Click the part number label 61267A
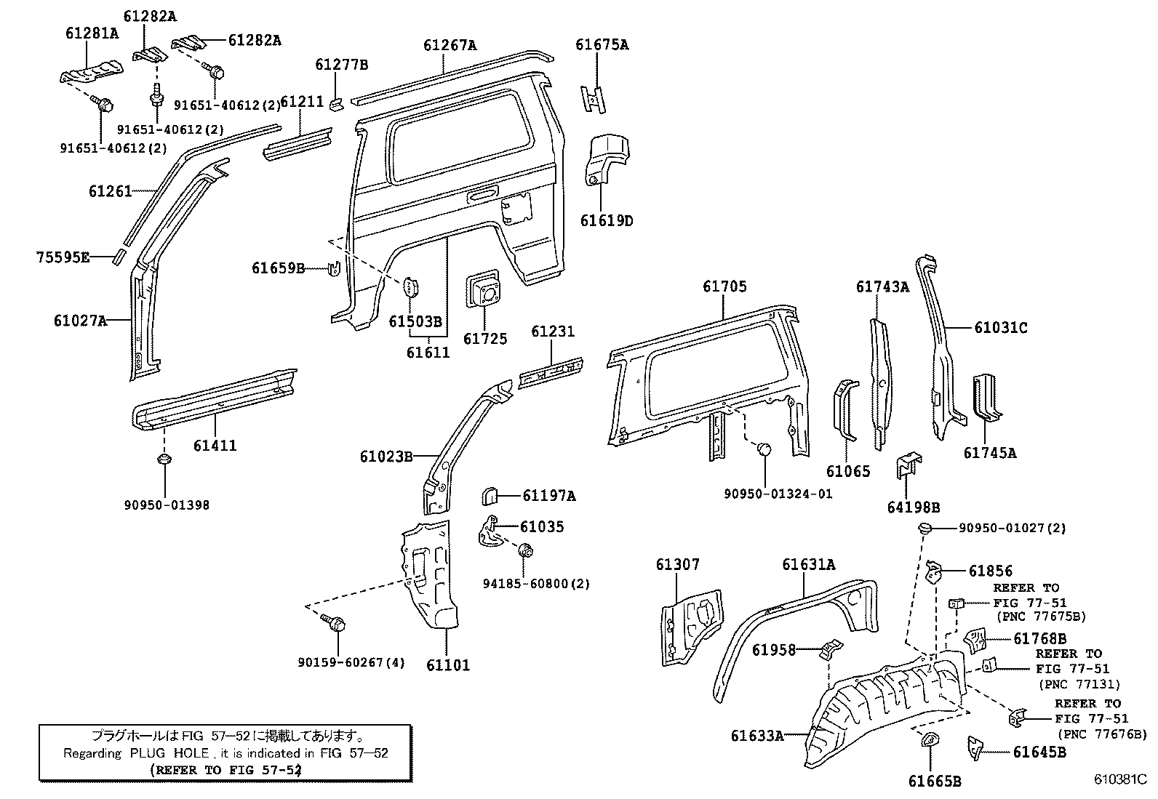pyautogui.click(x=450, y=45)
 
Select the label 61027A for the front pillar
pyautogui.click(x=80, y=320)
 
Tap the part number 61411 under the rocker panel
pyautogui.click(x=215, y=445)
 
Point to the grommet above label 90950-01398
pyautogui.click(x=165, y=459)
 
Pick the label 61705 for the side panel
pyautogui.click(x=724, y=287)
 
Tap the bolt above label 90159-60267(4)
pyautogui.click(x=336, y=623)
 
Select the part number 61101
pyautogui.click(x=448, y=665)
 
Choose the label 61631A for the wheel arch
pyautogui.click(x=809, y=564)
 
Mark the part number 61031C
pyautogui.click(x=1001, y=328)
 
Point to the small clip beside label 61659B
pyautogui.click(x=335, y=268)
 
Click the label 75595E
pyautogui.click(x=63, y=257)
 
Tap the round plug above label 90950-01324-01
pyautogui.click(x=764, y=449)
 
